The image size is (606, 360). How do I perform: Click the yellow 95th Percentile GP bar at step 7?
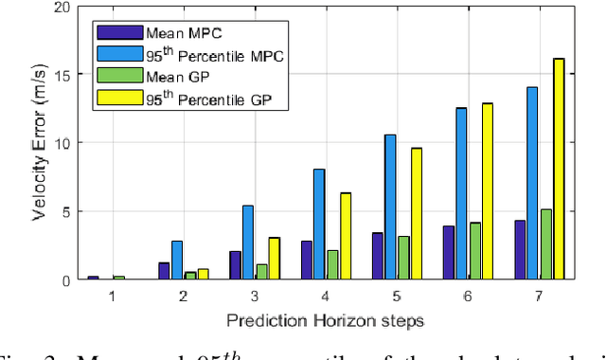(559, 170)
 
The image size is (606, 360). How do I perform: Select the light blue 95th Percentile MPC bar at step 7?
(532, 184)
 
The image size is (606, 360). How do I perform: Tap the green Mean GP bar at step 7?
(545, 244)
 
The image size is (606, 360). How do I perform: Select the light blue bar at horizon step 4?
(319, 225)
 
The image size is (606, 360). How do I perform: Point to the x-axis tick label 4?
(325, 296)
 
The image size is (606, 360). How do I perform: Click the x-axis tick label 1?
(113, 296)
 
